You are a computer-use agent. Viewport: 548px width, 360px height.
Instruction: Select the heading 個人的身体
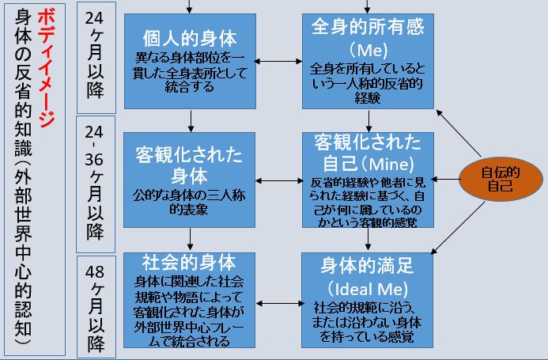191,38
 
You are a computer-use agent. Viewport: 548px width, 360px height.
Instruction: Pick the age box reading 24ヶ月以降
96,60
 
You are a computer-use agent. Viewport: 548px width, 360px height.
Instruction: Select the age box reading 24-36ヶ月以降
96,182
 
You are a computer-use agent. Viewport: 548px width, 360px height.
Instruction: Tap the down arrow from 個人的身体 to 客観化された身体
191,119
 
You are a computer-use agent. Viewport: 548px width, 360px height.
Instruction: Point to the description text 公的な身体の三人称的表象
190,201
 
